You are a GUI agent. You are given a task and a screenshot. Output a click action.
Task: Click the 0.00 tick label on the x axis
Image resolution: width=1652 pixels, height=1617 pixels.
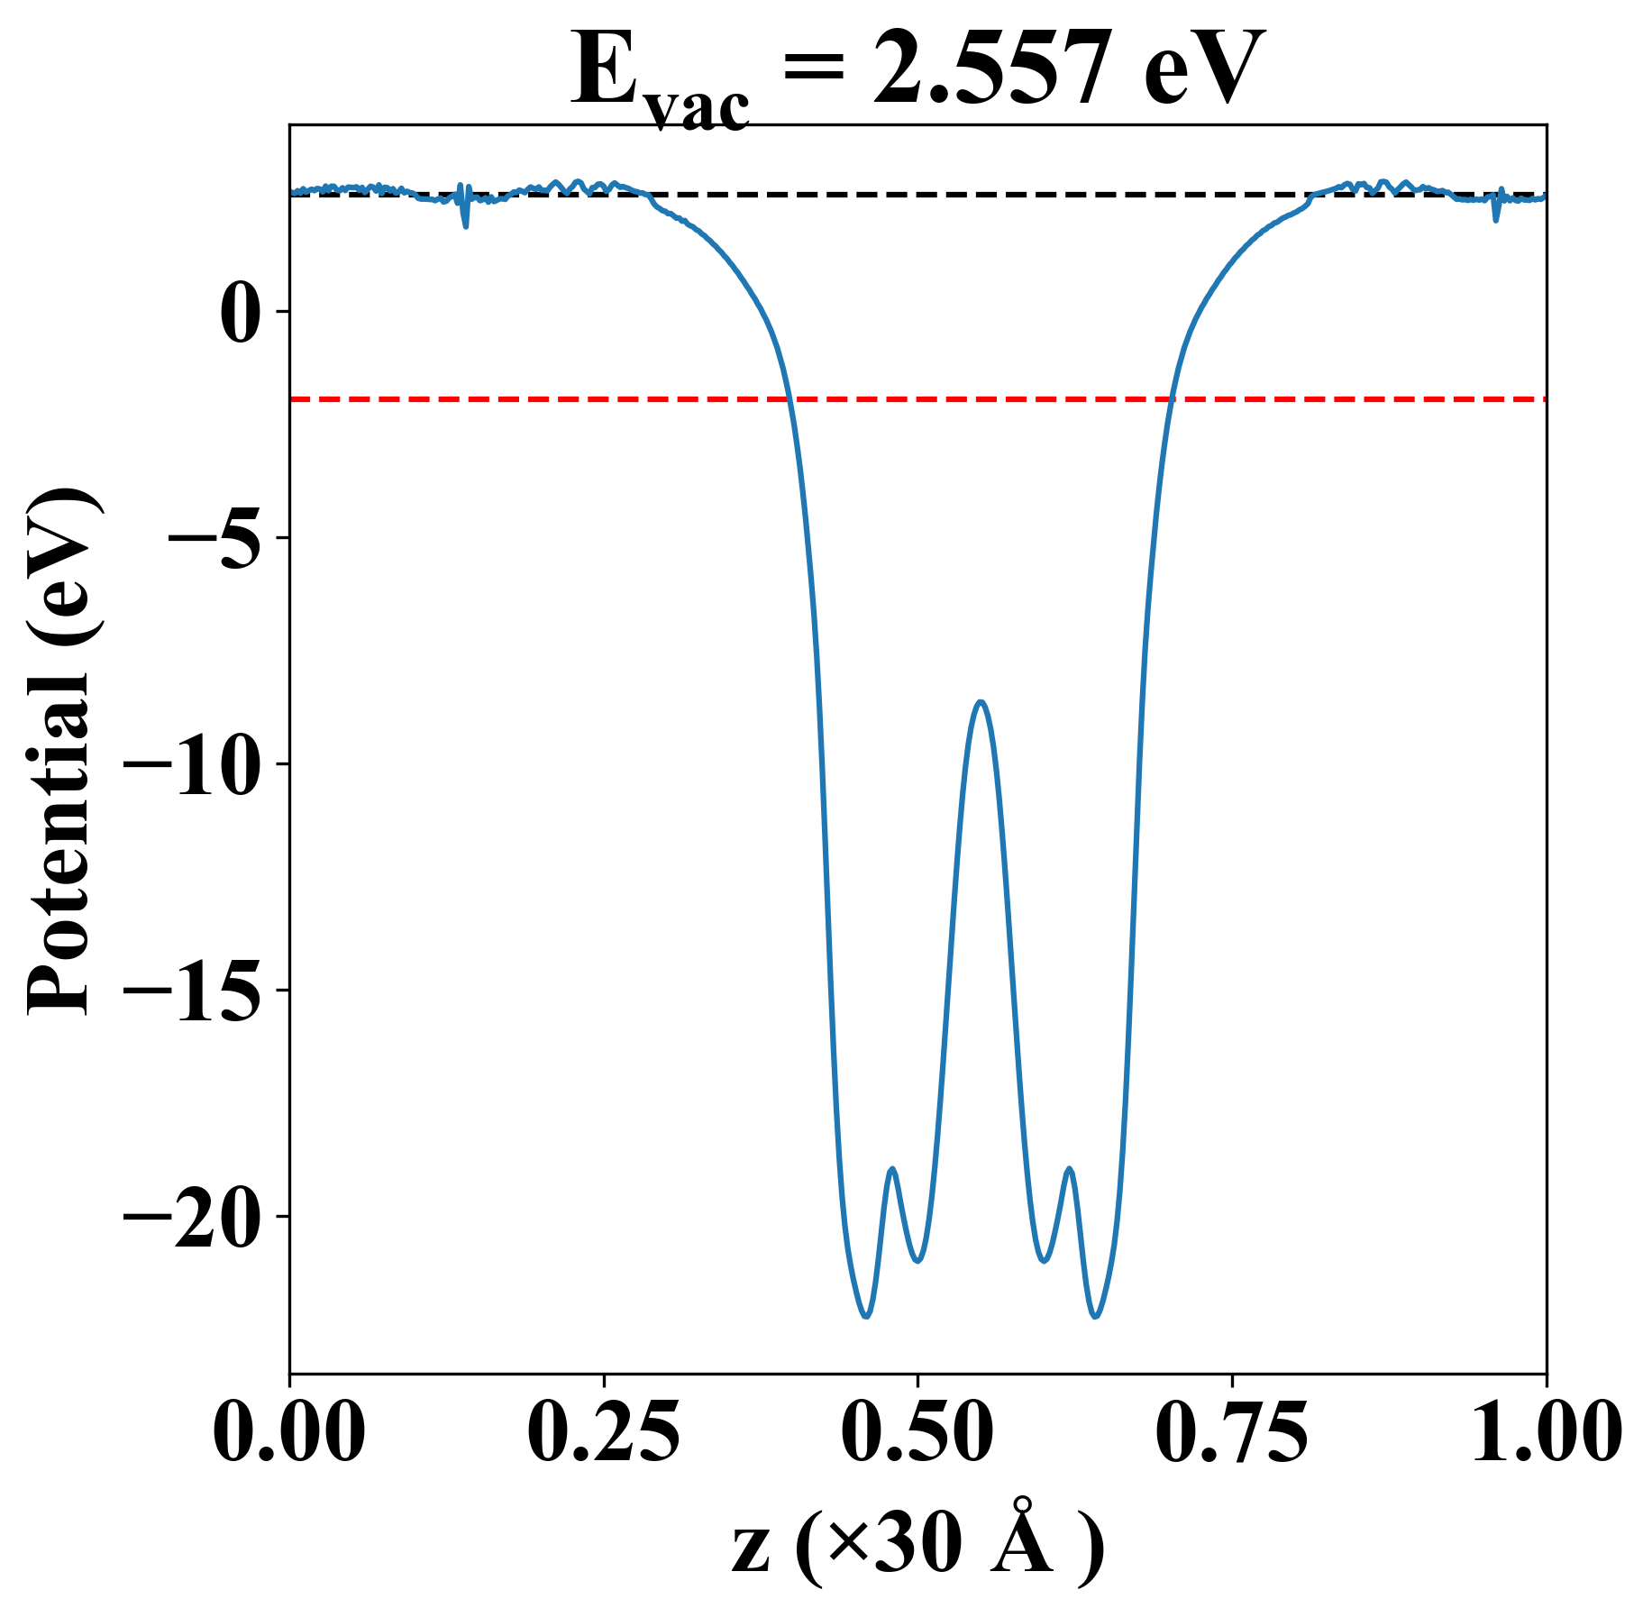coord(289,1432)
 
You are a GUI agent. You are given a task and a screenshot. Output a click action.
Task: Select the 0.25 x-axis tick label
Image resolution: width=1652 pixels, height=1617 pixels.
coord(604,1432)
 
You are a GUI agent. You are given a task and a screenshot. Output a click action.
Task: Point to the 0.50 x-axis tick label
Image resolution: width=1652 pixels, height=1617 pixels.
coord(917,1432)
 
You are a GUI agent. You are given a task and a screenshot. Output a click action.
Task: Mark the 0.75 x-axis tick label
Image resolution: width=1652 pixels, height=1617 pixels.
coord(1232,1432)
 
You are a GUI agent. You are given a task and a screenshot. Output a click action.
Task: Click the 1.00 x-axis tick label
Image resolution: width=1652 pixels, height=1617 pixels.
coord(1545,1432)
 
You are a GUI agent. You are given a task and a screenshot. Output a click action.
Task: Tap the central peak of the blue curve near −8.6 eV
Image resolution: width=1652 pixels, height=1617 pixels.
coord(981,702)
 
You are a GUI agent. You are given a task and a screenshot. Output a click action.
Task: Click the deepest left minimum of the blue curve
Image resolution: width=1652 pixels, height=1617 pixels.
coord(866,1316)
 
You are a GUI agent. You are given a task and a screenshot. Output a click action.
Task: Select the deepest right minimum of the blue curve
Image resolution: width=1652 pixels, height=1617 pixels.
coord(1096,1316)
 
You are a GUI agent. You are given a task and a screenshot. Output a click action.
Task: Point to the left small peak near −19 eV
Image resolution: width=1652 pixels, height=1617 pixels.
coord(892,1169)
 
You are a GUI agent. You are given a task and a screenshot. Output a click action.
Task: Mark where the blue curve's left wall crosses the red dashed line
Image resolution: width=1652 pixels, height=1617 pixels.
coord(789,398)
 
